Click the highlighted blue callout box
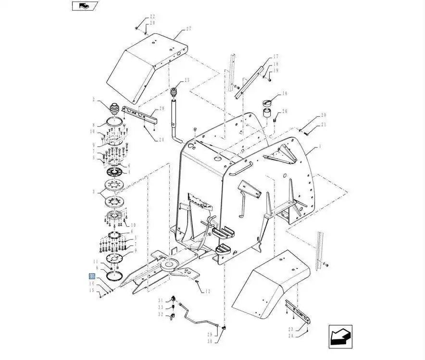[x=91, y=276]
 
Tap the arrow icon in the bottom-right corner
[x=340, y=336]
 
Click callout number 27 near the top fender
[x=189, y=29]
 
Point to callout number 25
[x=187, y=80]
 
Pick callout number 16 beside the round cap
[x=284, y=94]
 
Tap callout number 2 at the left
[x=94, y=100]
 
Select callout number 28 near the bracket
[x=162, y=109]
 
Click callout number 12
[x=208, y=291]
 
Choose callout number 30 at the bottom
[x=210, y=341]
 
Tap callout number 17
[x=276, y=57]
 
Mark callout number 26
[x=285, y=112]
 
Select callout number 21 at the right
[x=323, y=124]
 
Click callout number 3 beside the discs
[x=94, y=191]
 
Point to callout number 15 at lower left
[x=91, y=290]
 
